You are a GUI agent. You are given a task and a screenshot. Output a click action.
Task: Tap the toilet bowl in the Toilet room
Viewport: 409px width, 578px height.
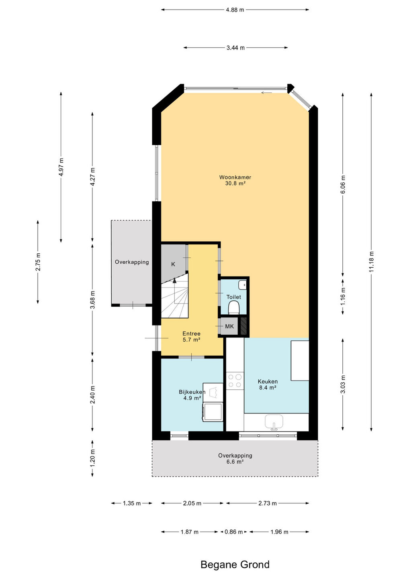tap(234, 307)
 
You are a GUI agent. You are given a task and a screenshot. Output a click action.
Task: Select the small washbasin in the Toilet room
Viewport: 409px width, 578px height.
tap(243, 285)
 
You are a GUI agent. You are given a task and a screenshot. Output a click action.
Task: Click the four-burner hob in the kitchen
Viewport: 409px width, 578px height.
tap(235, 381)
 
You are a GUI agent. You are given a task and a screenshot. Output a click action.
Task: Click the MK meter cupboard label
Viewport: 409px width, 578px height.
tap(229, 326)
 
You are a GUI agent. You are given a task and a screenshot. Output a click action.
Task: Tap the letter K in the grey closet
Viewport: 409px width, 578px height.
tap(173, 264)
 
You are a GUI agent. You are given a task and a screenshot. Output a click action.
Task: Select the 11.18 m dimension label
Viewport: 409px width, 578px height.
tap(371, 262)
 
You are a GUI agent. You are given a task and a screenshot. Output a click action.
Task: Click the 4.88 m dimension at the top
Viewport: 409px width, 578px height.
tap(235, 10)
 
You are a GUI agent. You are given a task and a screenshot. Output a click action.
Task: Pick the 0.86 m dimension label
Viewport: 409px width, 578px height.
tap(234, 532)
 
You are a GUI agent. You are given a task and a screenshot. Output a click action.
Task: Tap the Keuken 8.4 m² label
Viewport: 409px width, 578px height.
tap(268, 384)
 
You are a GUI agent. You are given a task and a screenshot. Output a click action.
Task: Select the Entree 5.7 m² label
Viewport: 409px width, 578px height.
tap(191, 336)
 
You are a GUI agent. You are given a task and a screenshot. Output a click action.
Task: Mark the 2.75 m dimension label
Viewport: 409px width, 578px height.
tap(38, 262)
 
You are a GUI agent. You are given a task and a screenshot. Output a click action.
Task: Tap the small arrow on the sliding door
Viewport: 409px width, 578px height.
tap(266, 93)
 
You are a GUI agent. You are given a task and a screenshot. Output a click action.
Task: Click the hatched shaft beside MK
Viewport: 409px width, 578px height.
tap(244, 326)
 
